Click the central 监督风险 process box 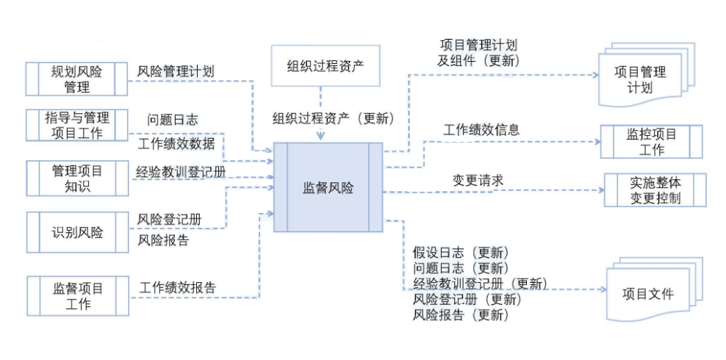tap(328, 188)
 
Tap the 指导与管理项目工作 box tap(77, 126)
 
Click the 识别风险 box tap(77, 233)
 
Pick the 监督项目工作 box tap(77, 295)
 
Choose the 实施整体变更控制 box tap(655, 190)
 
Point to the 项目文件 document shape tap(648, 295)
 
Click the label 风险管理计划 tap(176, 72)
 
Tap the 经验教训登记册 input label tap(181, 173)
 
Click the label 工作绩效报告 tap(178, 287)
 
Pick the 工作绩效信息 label tap(481, 130)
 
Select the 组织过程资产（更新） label tap(334, 118)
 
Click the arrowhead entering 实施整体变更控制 tap(600, 190)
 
